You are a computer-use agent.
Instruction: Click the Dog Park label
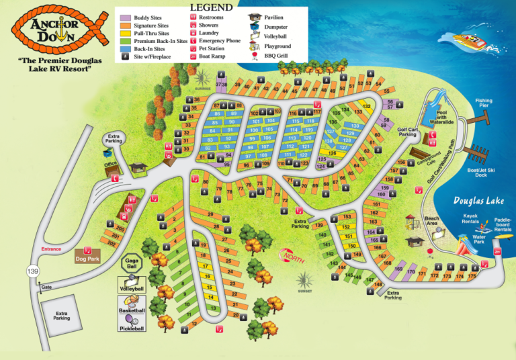[87, 259]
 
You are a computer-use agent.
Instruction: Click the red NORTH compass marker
[292, 257]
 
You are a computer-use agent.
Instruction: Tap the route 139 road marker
[32, 271]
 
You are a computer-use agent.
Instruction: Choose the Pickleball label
[132, 329]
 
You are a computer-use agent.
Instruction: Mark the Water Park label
[479, 239]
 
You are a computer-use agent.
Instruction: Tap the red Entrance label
[51, 249]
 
